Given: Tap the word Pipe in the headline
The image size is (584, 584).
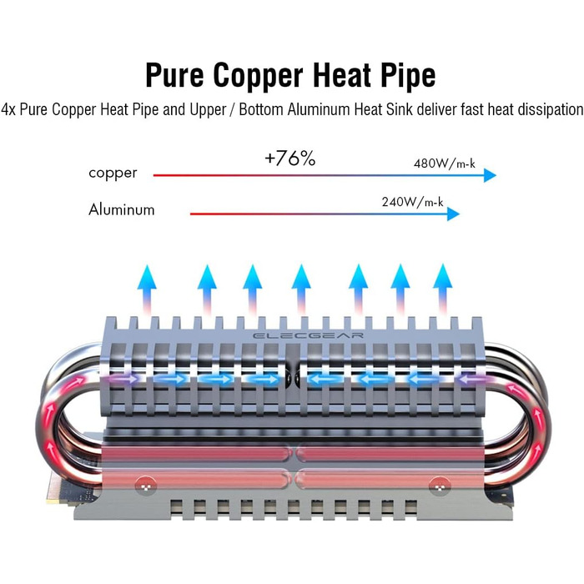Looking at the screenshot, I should click(x=404, y=75).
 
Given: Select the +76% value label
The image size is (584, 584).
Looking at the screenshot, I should click(x=289, y=159).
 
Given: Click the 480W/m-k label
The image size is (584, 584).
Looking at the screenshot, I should click(x=444, y=164).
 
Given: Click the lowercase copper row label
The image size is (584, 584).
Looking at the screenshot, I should click(x=113, y=174).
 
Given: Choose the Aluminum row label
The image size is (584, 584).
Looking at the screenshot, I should click(x=122, y=209).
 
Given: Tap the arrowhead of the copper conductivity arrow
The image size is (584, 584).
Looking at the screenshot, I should click(x=490, y=175).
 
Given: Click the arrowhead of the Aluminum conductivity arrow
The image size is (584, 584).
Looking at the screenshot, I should click(x=453, y=214).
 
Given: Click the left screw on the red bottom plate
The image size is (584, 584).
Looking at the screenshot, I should click(x=148, y=482).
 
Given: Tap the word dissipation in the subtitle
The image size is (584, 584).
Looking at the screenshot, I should click(x=545, y=109).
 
